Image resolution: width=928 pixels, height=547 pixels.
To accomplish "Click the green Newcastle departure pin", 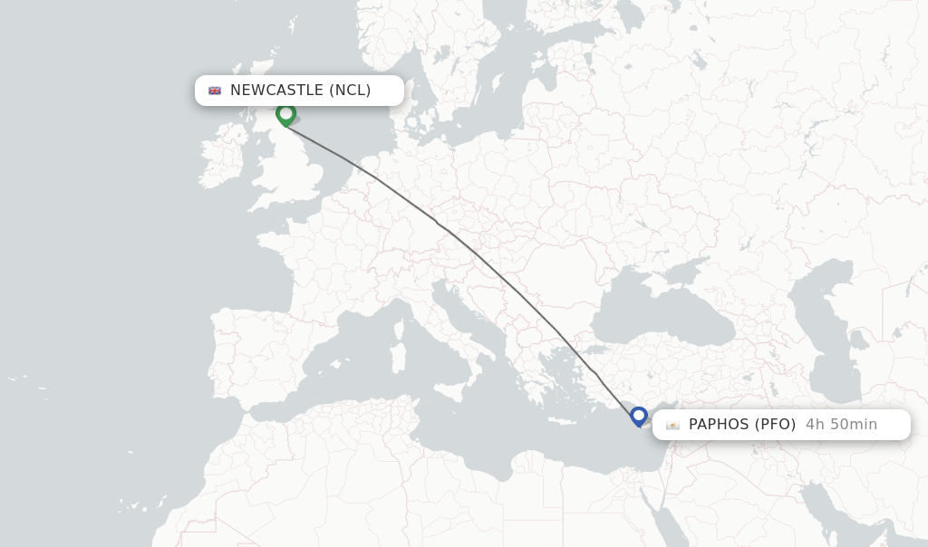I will [285, 114].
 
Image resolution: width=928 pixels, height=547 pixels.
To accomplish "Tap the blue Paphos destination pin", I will [639, 417].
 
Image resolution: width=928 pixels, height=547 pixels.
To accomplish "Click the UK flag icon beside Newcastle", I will [215, 91].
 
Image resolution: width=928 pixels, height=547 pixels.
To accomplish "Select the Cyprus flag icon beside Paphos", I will [672, 425].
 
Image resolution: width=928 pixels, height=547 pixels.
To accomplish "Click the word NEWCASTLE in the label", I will [276, 91].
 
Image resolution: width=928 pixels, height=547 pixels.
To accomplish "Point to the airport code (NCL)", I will [350, 91].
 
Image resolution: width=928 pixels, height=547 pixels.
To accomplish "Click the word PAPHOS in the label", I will [718, 425].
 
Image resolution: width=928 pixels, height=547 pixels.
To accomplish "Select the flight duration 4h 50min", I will [841, 425].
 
